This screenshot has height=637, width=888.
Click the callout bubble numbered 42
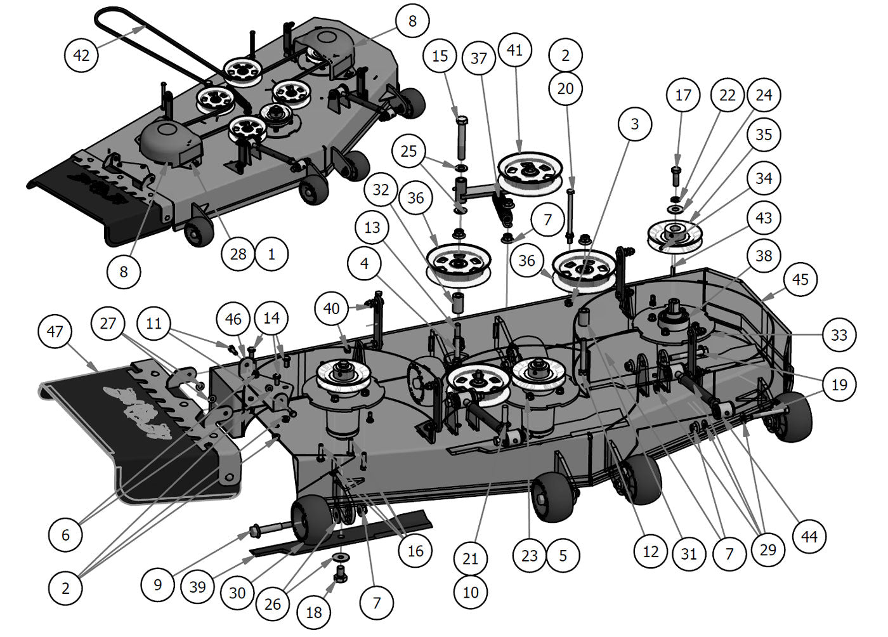point(82,55)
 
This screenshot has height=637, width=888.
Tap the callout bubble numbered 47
point(55,331)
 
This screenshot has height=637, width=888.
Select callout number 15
point(440,55)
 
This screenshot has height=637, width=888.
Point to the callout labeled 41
point(515,49)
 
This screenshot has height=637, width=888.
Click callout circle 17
point(683,95)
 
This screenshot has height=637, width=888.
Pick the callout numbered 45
point(800,279)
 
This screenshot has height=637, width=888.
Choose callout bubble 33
point(839,334)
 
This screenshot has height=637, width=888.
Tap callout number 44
point(809,537)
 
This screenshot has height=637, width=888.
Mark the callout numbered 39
point(198,586)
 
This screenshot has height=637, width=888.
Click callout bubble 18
point(314,612)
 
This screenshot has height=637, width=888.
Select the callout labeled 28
point(238,254)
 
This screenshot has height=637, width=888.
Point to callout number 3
point(635,124)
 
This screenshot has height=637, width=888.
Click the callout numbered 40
point(332,309)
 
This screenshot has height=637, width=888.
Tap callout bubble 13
point(372,227)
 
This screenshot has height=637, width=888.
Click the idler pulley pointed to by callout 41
point(530,168)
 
